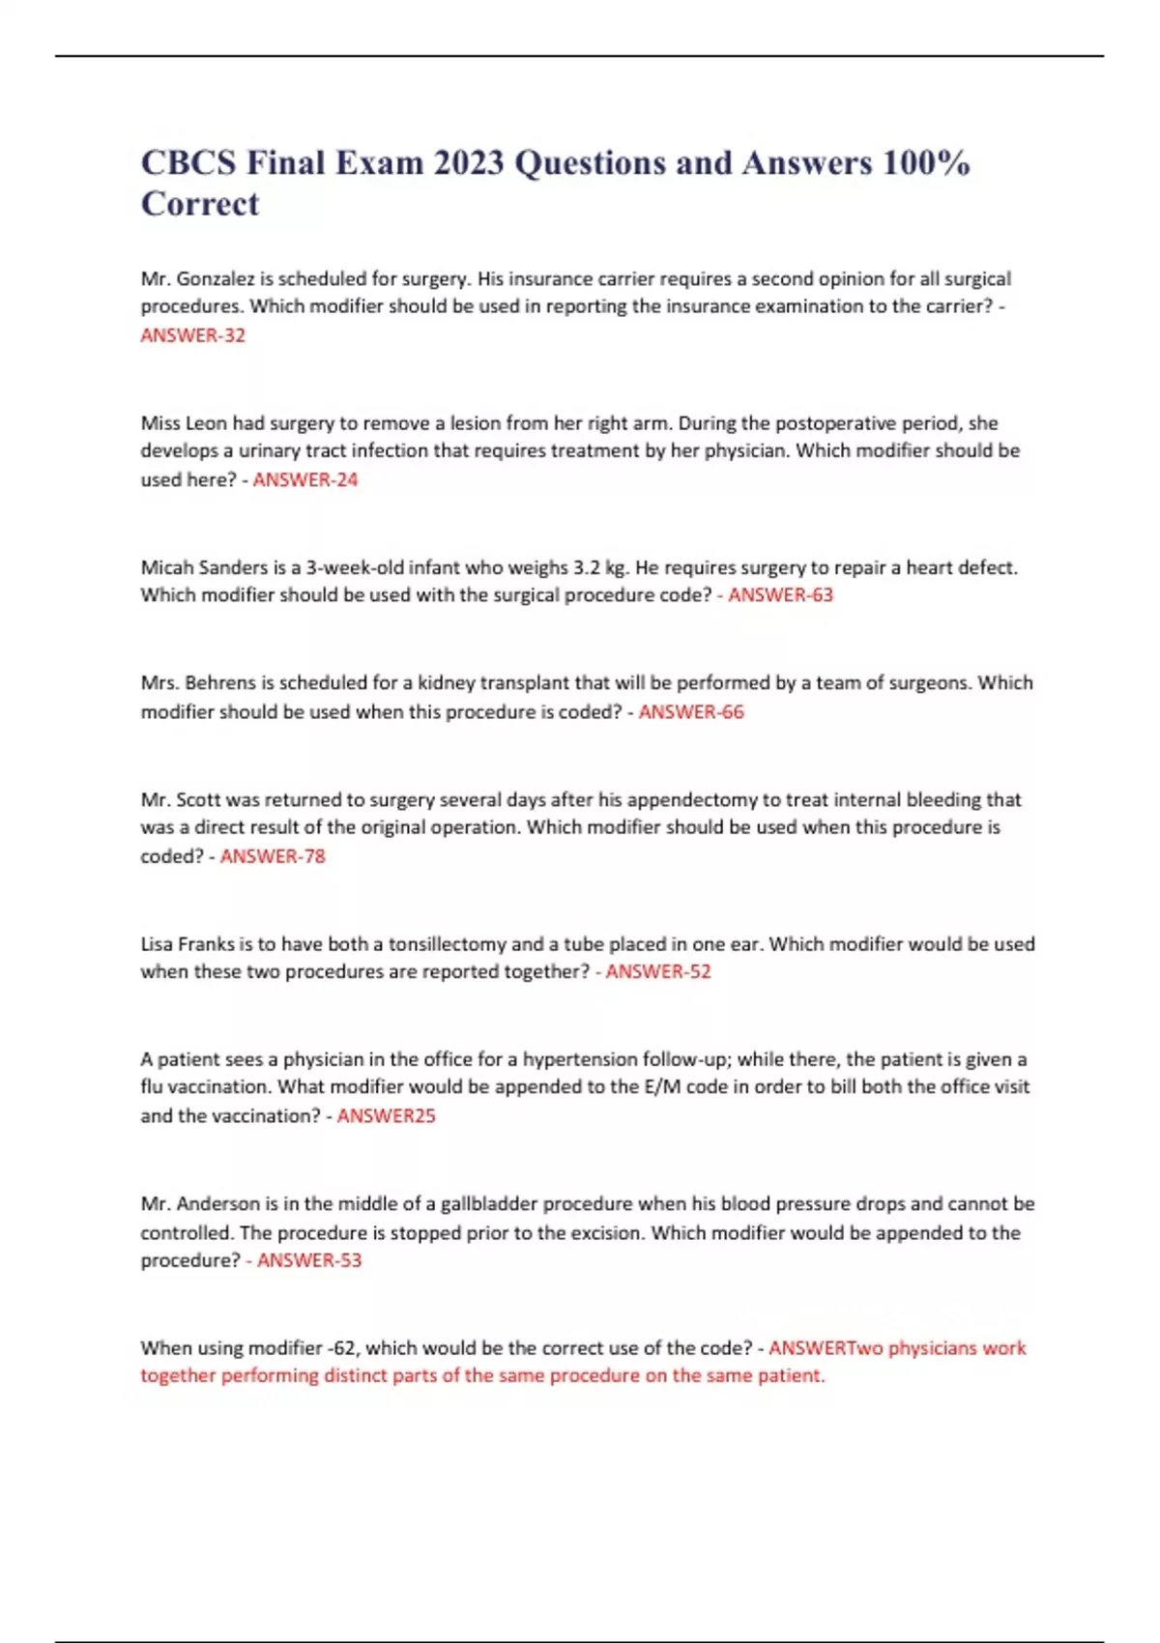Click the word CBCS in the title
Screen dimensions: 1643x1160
(x=188, y=162)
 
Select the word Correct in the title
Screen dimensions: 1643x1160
(x=200, y=204)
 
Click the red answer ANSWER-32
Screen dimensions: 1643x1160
(x=192, y=335)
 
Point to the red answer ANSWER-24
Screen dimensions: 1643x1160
(x=304, y=479)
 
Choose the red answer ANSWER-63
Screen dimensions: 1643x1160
(x=780, y=595)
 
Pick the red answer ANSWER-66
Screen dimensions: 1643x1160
(x=691, y=712)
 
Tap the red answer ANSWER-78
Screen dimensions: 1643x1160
(x=273, y=856)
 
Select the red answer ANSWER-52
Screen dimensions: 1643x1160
(x=657, y=972)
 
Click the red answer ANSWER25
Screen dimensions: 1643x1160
(x=386, y=1116)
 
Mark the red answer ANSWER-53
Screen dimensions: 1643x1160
(x=308, y=1260)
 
